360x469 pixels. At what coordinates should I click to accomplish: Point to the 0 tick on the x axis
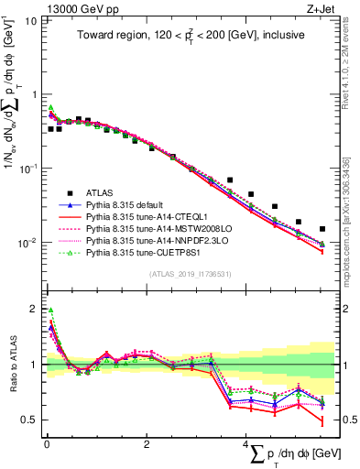(46, 444)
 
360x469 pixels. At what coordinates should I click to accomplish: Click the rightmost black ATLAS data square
(322, 229)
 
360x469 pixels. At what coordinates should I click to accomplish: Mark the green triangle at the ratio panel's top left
(51, 311)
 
